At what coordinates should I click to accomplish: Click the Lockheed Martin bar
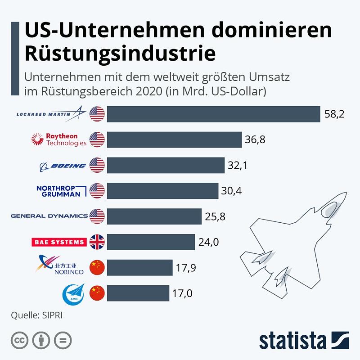click(x=213, y=114)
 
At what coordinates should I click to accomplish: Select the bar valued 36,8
click(x=175, y=140)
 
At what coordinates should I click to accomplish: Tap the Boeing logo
click(x=63, y=166)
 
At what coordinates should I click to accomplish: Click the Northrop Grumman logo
click(x=60, y=191)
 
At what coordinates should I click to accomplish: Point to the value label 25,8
click(x=215, y=217)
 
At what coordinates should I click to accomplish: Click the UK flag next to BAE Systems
click(x=97, y=242)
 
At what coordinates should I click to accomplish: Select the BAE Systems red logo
click(x=59, y=242)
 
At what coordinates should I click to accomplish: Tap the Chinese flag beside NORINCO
click(x=97, y=268)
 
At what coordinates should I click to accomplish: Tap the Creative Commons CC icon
click(x=19, y=340)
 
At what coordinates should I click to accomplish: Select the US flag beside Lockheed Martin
click(x=97, y=114)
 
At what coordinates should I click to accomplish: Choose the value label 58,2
click(x=334, y=114)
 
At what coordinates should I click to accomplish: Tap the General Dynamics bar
click(x=154, y=217)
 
